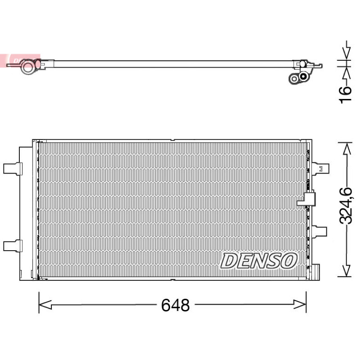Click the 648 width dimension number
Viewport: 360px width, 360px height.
pyautogui.click(x=175, y=305)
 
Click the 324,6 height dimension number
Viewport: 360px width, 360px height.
pyautogui.click(x=345, y=206)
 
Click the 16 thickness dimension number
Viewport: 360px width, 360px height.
pyautogui.click(x=345, y=94)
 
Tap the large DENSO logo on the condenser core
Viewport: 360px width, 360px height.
pyautogui.click(x=259, y=261)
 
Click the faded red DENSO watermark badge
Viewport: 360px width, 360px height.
pyautogui.click(x=20, y=61)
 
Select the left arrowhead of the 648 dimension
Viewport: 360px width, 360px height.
pyautogui.click(x=45, y=305)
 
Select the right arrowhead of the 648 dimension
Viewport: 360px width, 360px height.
pyautogui.click(x=300, y=305)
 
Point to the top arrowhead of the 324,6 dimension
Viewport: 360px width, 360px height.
pyautogui.click(x=346, y=148)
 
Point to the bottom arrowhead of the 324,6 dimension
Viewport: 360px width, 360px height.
pyautogui.click(x=346, y=271)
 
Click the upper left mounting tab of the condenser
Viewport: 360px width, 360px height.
pyautogui.click(x=13, y=169)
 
